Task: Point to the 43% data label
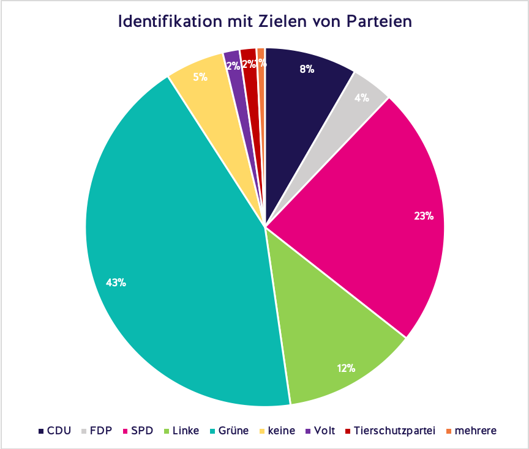[116, 283]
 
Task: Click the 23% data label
[423, 216]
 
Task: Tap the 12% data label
[345, 368]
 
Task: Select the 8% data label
[307, 69]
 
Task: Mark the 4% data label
[361, 97]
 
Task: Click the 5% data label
[200, 77]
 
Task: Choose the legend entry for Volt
[321, 431]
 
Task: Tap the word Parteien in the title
[380, 21]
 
